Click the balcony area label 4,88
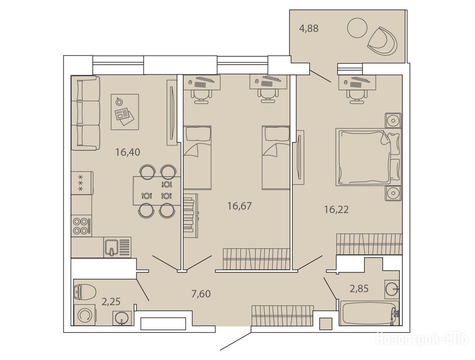309,29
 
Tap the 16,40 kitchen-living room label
128,152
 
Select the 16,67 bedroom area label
240,206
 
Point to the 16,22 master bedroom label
336,209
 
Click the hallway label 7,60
201,293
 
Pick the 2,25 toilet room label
111,301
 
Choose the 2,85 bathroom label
359,288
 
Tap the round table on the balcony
357,28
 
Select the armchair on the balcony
382,41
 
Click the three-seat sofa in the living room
85,113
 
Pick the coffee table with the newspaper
125,112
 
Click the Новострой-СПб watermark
422,338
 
